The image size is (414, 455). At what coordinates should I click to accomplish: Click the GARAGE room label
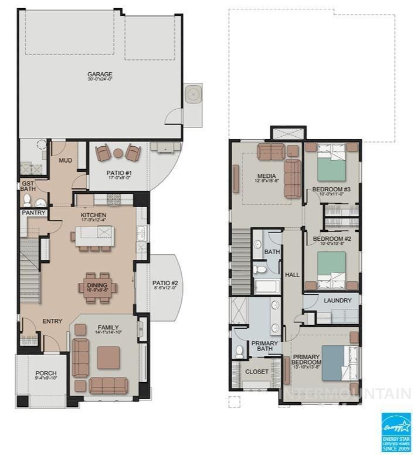click(100, 75)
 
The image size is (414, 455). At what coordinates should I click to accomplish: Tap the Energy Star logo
click(396, 432)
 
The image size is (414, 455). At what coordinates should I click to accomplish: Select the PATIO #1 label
click(118, 173)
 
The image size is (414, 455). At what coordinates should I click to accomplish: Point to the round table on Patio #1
click(118, 154)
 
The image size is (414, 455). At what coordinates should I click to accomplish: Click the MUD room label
click(65, 160)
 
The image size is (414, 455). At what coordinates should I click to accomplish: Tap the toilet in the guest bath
click(28, 200)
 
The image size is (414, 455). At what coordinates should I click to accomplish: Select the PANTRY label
click(33, 213)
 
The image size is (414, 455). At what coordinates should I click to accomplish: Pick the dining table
click(97, 287)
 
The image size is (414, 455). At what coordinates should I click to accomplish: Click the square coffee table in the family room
click(108, 356)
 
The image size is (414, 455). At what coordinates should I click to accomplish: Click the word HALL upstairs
click(292, 275)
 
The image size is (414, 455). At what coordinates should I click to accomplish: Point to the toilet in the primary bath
click(239, 351)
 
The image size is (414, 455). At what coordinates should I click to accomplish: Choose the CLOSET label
click(256, 372)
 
